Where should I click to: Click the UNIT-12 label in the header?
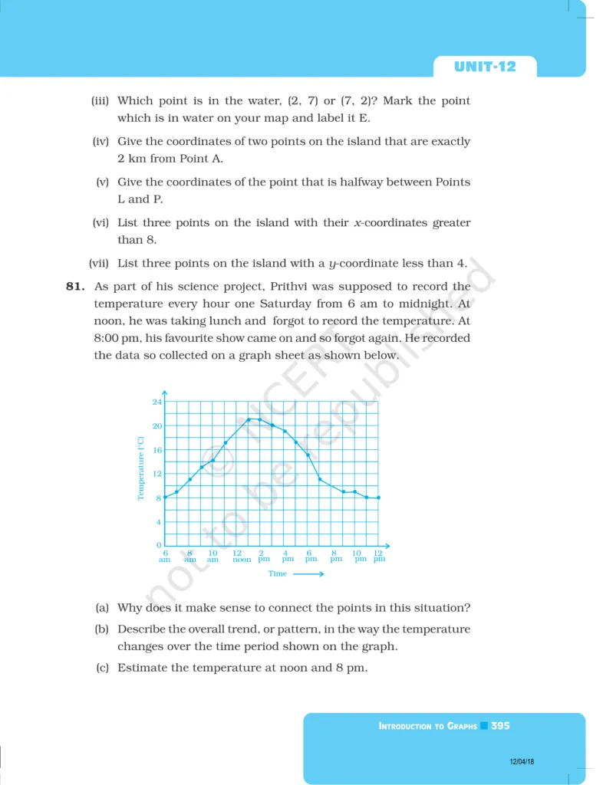pyautogui.click(x=485, y=67)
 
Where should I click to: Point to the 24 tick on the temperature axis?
pyautogui.click(x=157, y=402)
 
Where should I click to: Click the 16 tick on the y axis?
pyautogui.click(x=157, y=450)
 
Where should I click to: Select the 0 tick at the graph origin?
pyautogui.click(x=159, y=545)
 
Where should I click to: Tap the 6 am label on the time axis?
pyautogui.click(x=164, y=556)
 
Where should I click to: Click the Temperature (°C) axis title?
pyautogui.click(x=141, y=468)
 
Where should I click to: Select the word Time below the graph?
pyautogui.click(x=277, y=573)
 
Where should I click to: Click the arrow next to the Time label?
pyautogui.click(x=308, y=573)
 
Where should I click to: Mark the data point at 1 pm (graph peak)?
pyautogui.click(x=249, y=419)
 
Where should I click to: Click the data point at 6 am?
pyautogui.click(x=165, y=498)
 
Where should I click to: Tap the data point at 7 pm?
pyautogui.click(x=320, y=480)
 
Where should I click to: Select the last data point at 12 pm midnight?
pyautogui.click(x=379, y=498)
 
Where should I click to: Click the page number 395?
pyautogui.click(x=500, y=725)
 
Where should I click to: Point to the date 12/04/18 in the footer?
pyautogui.click(x=522, y=761)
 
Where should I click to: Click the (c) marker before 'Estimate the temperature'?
pyautogui.click(x=101, y=668)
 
